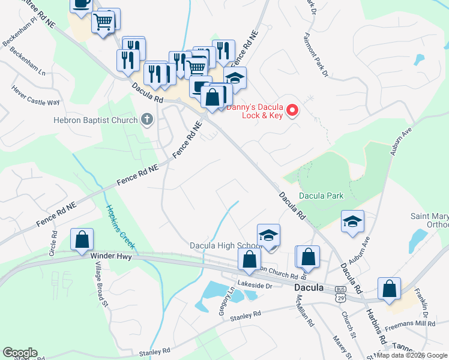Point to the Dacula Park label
point(321,196)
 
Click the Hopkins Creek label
point(121,228)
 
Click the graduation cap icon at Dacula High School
point(269,234)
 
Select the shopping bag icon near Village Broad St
point(82,239)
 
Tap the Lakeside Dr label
point(255,286)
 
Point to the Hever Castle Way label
point(36,95)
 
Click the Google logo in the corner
point(20,353)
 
